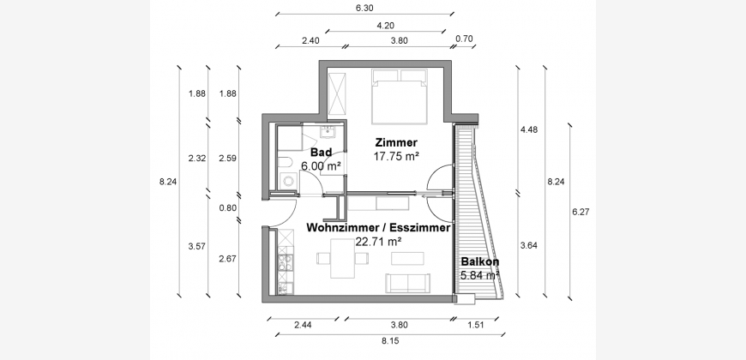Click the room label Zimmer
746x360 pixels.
396,142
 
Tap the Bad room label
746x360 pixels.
321,153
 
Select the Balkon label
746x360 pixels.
479,262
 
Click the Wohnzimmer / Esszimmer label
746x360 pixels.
378,228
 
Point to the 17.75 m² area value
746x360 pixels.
396,156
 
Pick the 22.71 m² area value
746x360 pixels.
378,242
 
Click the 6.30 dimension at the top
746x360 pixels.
364,8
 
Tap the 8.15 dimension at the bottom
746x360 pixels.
389,340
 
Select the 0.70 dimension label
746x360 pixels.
464,39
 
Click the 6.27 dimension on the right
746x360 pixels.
581,212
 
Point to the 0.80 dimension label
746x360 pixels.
227,207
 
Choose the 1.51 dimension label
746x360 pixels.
476,325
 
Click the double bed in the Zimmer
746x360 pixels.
399,97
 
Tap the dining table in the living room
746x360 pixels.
342,258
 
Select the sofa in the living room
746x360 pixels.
408,283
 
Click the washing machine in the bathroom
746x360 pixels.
288,181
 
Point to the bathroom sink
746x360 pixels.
328,131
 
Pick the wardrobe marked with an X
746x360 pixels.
337,94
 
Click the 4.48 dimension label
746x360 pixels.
529,129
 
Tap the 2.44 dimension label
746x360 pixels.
303,325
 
